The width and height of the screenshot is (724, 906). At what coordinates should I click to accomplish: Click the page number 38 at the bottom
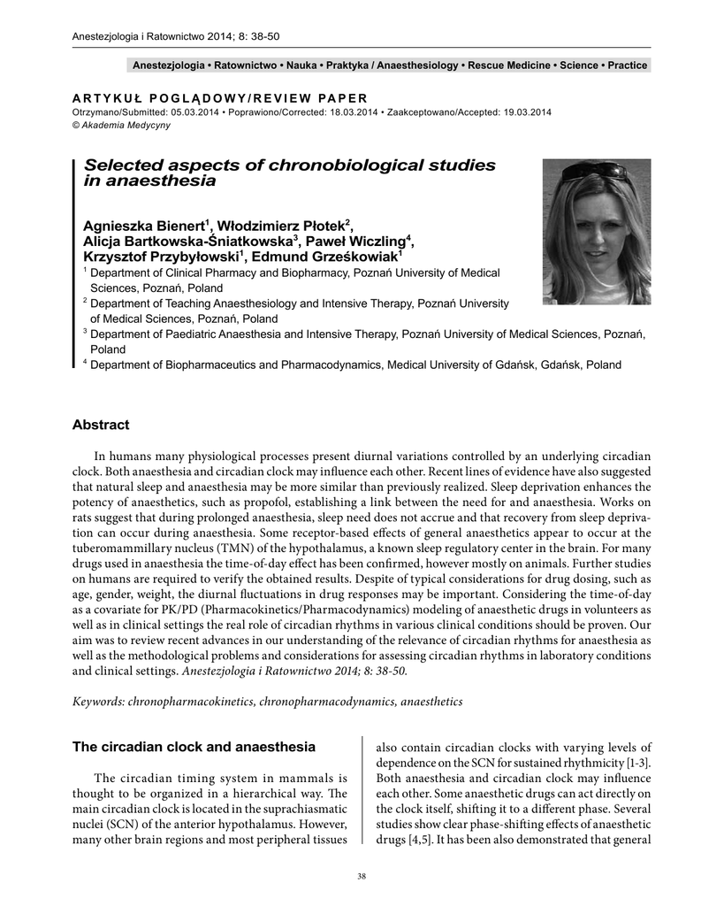pos(361,876)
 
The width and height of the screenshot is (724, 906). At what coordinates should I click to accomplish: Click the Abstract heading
pos(100,425)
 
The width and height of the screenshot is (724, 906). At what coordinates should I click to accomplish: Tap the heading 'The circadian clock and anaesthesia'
pos(193,747)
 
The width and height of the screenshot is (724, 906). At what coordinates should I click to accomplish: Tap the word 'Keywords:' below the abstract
pos(98,701)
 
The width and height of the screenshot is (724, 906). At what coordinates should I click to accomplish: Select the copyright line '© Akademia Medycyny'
pos(120,125)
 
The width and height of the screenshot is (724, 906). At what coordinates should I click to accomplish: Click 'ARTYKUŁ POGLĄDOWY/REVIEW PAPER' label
pos(219,97)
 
